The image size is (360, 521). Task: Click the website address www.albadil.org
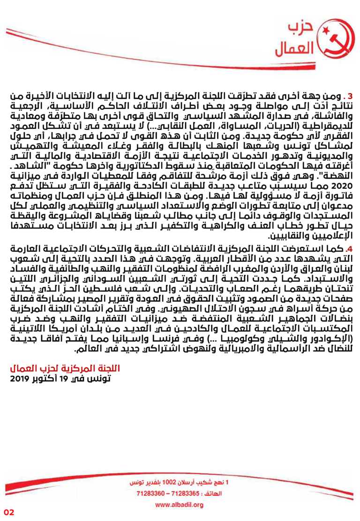179,504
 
